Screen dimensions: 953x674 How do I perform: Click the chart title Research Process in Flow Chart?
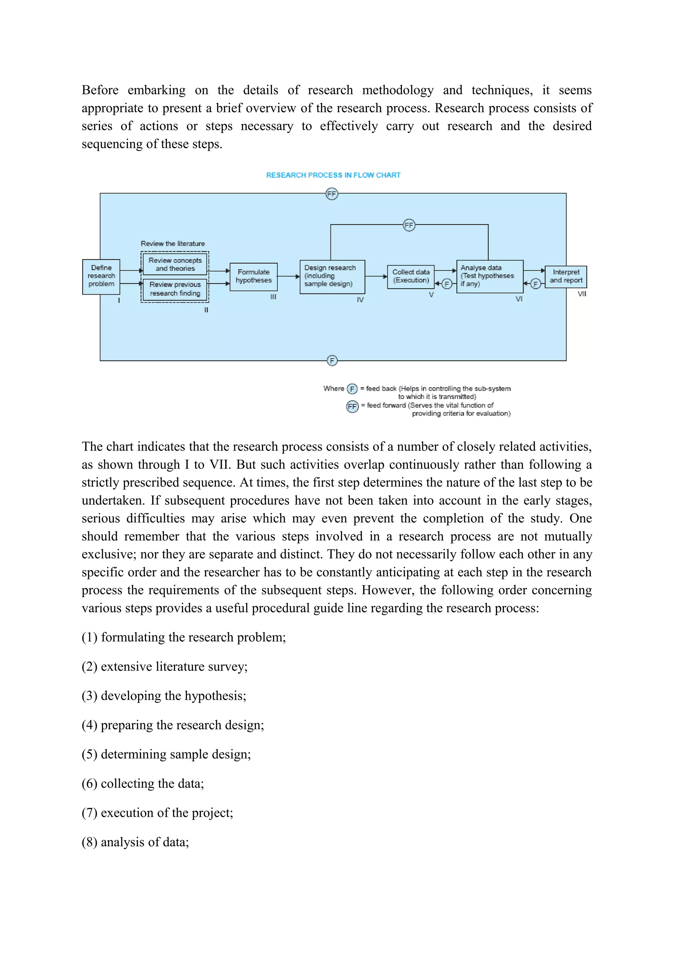(333, 175)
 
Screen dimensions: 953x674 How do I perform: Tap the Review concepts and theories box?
(175, 264)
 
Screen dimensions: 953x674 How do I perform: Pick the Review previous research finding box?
(175, 289)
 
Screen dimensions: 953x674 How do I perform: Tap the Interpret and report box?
(566, 277)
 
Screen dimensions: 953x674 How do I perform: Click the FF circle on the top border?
(331, 194)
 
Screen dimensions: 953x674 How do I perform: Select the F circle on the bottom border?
(332, 361)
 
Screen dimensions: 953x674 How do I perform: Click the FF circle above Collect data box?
(409, 225)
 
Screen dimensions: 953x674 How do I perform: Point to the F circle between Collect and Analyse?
(447, 284)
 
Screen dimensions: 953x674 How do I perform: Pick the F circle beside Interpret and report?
(536, 284)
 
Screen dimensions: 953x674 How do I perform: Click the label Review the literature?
(173, 244)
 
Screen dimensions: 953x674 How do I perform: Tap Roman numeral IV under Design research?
(360, 300)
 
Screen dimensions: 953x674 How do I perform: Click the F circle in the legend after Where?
(352, 389)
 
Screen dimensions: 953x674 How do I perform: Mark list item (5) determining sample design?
(166, 754)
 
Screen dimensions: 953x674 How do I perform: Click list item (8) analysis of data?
(135, 842)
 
